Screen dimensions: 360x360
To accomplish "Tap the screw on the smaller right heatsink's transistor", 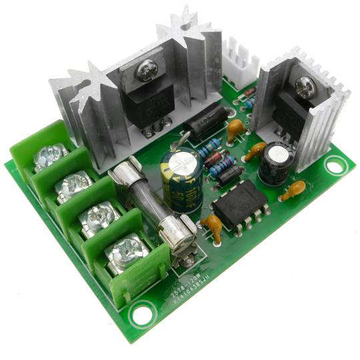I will [x=306, y=85].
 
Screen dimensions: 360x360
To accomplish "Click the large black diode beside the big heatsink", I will [x=205, y=121].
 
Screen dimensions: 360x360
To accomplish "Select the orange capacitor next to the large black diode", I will [x=235, y=129].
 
